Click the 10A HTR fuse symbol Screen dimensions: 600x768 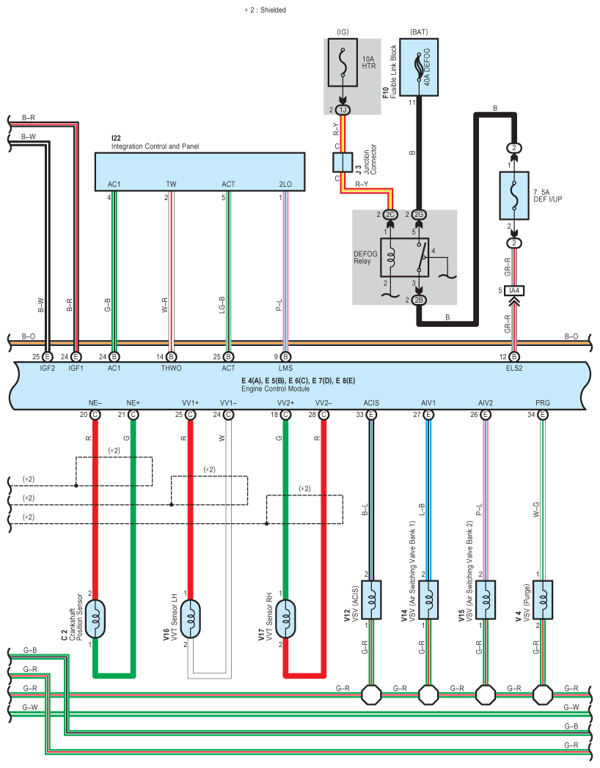(x=343, y=63)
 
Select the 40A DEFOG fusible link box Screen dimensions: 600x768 (x=419, y=67)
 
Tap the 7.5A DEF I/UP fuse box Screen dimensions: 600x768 (x=514, y=196)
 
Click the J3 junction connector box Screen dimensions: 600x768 (x=343, y=162)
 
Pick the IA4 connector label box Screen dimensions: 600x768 (x=514, y=290)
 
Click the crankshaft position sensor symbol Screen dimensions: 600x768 (x=95, y=619)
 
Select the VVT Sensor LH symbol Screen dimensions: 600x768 (x=190, y=619)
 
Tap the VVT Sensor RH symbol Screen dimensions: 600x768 (x=285, y=619)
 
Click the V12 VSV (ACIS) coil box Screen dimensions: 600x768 (x=371, y=600)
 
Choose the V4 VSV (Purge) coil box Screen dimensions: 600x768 (x=543, y=600)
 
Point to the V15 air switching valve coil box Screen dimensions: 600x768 (x=486, y=600)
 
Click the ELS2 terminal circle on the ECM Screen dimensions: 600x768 (x=514, y=357)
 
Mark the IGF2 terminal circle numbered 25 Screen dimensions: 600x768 (x=48, y=357)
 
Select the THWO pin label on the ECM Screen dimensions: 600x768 (x=171, y=369)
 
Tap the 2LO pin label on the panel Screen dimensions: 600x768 (x=285, y=184)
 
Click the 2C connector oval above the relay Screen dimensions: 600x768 (x=390, y=215)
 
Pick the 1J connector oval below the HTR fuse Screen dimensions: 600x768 (x=343, y=110)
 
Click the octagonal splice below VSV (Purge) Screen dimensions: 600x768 (x=543, y=695)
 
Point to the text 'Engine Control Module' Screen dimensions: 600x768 (x=276, y=389)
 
